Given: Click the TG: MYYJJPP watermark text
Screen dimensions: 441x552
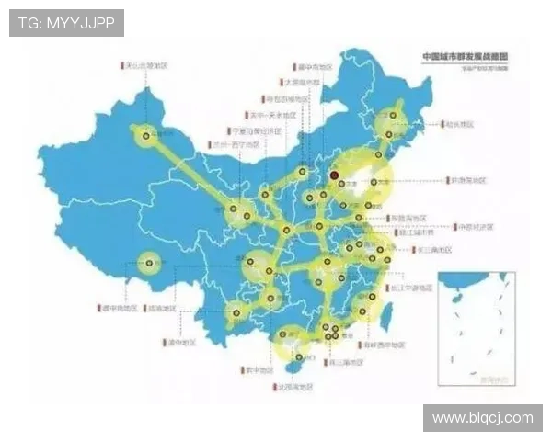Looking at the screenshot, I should point(66,22).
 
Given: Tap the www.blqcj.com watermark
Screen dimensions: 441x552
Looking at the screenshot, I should point(482,418).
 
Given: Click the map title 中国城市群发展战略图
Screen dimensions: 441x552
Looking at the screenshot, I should point(465,56).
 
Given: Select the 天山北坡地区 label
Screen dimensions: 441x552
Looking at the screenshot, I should point(148,66).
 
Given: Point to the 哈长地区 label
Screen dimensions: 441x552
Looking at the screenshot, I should point(458,122).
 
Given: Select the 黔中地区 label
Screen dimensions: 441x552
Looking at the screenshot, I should point(260,370).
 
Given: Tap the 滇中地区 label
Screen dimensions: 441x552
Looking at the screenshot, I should point(182,342).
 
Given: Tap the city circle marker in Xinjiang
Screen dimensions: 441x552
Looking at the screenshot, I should point(145,137).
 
